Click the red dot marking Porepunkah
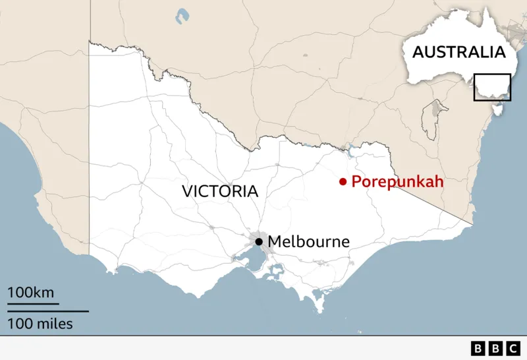pos(343,182)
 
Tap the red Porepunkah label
pos(397,182)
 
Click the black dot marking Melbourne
pos(259,241)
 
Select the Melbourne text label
pos(308,241)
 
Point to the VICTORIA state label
pos(220,191)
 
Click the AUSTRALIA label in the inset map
pos(458,52)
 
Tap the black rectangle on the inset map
pos(492,87)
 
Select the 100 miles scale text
pos(40,324)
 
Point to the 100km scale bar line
pos(33,304)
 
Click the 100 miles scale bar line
pos(47,311)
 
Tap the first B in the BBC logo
pos(477,347)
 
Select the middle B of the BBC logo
pos(494,347)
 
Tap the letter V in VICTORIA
pos(187,191)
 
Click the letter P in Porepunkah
pos(356,182)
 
